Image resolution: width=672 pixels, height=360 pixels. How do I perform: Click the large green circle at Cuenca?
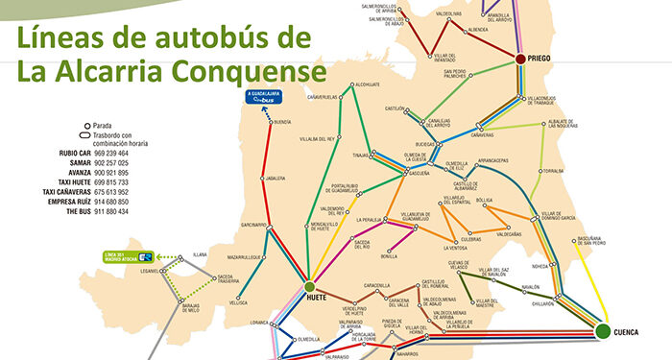602,332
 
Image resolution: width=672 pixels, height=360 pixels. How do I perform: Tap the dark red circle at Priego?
520,60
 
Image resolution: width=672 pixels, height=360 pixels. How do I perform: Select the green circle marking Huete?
310,286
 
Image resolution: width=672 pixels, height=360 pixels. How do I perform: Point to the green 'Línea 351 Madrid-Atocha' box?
130,256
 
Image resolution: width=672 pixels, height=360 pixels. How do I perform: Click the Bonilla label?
389,256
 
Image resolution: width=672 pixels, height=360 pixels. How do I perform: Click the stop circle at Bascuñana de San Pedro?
579,243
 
